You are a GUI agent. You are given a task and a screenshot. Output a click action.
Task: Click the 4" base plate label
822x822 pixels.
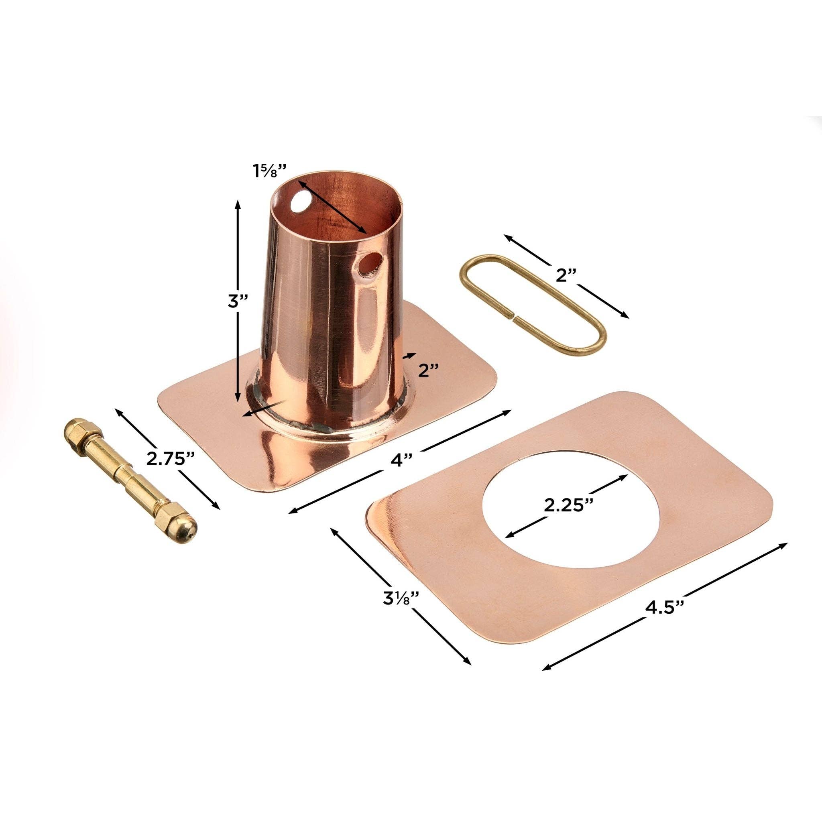[401, 460]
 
